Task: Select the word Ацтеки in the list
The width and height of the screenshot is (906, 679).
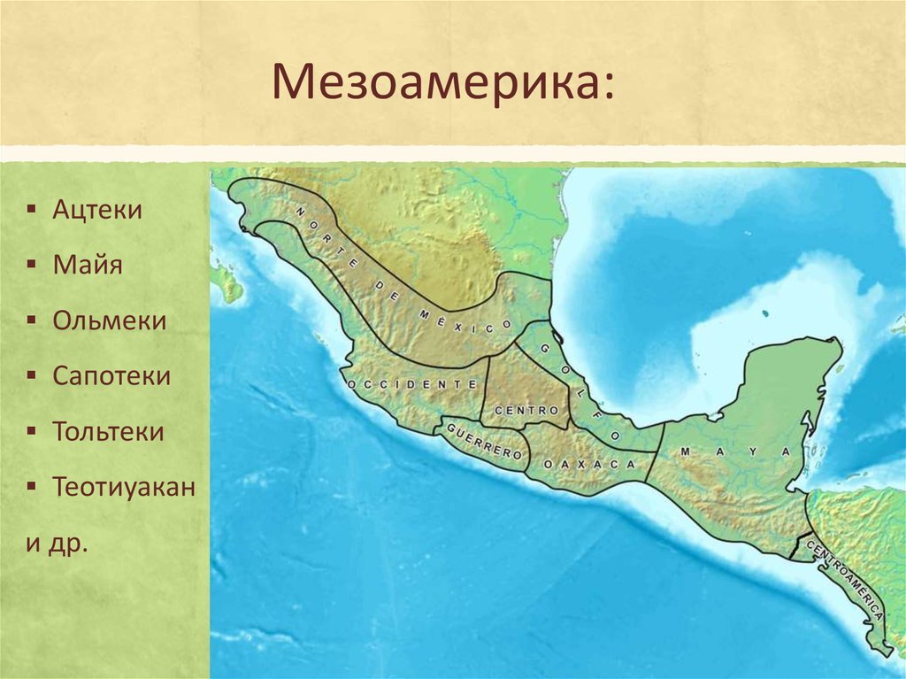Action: pos(96,210)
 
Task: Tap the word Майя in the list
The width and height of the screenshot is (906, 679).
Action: pos(87,265)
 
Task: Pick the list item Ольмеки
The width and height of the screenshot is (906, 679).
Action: pos(109,320)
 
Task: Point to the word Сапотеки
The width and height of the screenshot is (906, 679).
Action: pos(111,375)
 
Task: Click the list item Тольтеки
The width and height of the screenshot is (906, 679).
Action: pos(108,431)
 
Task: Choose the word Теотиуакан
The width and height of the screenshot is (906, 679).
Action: pos(123,487)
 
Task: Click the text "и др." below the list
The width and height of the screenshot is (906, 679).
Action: pos(58,542)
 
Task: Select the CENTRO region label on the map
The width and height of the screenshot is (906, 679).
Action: pos(526,412)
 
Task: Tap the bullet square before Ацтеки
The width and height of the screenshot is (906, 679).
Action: pos(32,211)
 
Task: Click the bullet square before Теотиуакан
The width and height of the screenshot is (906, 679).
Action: pos(32,488)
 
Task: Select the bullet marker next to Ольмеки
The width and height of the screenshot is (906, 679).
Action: pos(32,320)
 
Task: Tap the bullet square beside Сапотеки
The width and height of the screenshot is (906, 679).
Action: pos(32,376)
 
